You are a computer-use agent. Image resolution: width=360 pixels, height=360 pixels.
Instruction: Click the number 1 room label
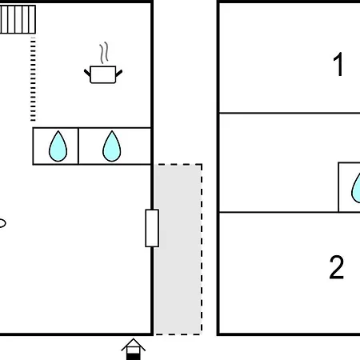tap(338, 64)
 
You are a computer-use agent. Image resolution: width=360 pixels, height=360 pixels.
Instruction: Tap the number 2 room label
tap(337, 267)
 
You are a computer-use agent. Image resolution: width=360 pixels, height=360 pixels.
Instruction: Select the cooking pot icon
tap(103, 74)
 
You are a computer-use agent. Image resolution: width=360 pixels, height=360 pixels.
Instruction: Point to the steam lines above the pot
tap(104, 53)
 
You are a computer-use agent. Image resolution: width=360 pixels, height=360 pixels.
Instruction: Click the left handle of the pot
tap(87, 73)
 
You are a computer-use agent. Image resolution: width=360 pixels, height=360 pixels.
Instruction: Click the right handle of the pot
tap(119, 73)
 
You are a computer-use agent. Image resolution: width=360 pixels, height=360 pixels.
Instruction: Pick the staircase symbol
tap(18, 19)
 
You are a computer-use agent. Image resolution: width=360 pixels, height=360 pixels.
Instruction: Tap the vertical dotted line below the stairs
tap(33, 79)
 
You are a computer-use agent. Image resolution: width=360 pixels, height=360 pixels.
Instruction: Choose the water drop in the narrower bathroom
tap(58, 146)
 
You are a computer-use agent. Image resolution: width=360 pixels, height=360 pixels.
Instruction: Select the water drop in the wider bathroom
tap(112, 146)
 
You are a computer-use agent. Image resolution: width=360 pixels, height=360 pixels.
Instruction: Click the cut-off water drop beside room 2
tap(356, 188)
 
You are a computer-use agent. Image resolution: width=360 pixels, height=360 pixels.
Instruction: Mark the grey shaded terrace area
tap(178, 249)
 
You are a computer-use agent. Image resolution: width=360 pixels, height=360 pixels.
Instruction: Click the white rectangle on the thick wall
tap(152, 228)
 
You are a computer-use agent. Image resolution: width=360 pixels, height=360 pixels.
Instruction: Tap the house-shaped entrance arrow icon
tap(134, 349)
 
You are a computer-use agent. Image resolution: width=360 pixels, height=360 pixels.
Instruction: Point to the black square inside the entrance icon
tap(134, 357)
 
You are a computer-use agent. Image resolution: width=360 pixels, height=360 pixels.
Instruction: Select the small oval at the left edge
tap(2, 223)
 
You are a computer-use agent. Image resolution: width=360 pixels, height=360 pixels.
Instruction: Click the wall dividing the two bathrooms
tap(78, 146)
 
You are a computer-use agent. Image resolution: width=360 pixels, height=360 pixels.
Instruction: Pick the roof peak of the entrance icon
tap(134, 339)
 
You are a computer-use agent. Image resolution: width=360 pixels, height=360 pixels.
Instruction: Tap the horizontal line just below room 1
tap(290, 114)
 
